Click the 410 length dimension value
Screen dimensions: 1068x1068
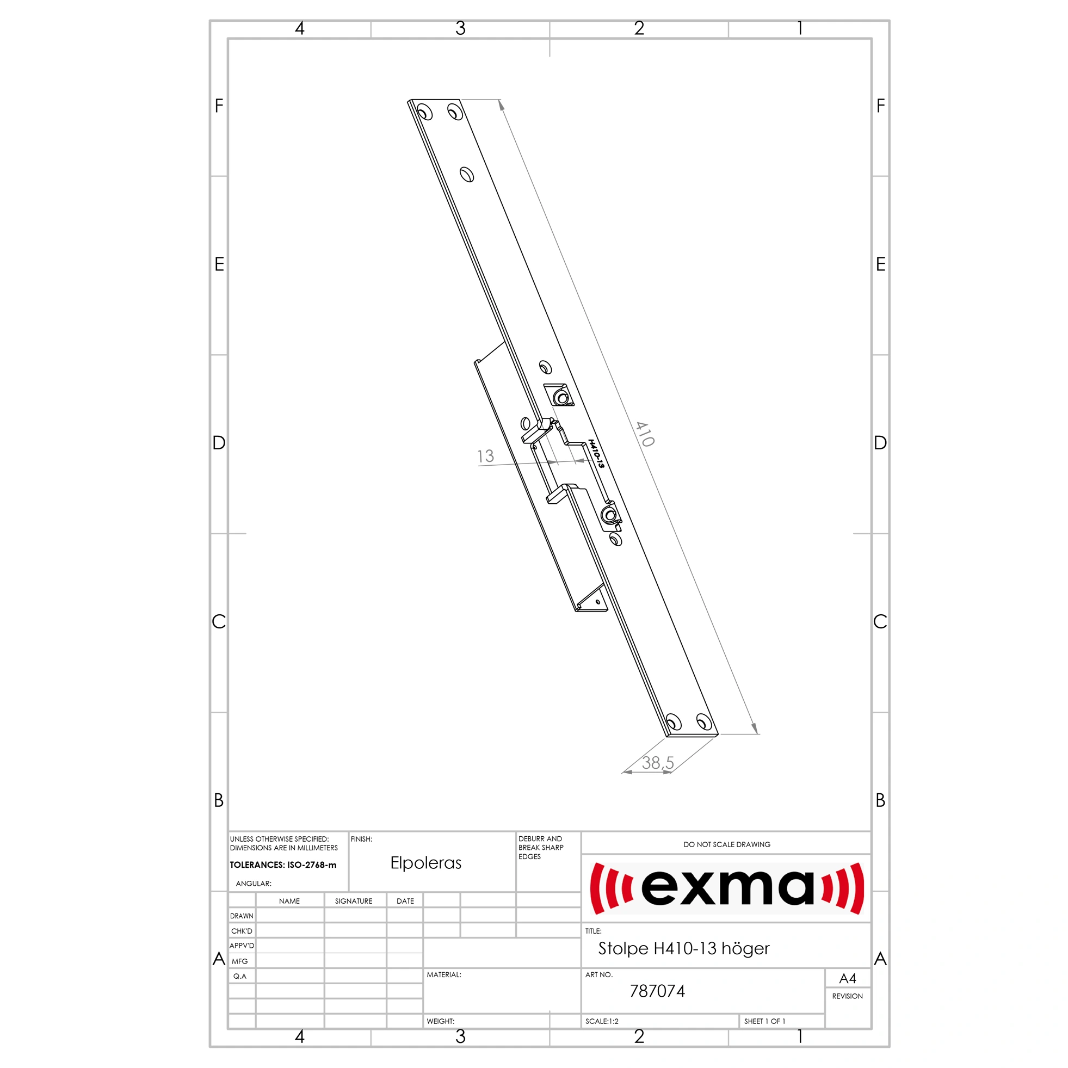click(645, 434)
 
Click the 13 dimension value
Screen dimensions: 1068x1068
click(485, 456)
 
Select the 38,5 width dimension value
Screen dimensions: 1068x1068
click(658, 763)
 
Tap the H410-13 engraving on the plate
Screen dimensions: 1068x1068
click(596, 454)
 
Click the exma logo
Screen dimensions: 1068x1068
click(727, 888)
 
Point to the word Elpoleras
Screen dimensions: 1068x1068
click(425, 863)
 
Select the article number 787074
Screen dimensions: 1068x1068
click(657, 991)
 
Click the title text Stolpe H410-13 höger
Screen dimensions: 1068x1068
click(684, 949)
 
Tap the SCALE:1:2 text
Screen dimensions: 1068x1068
click(602, 1021)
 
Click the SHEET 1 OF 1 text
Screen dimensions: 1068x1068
click(764, 1021)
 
